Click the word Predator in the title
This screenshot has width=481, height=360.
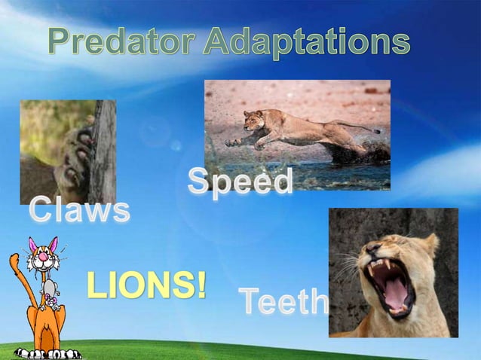(x=123, y=41)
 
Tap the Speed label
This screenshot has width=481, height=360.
(x=240, y=182)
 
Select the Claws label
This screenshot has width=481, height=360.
(x=79, y=211)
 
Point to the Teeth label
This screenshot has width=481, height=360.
(x=283, y=302)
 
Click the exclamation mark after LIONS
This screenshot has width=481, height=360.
(x=200, y=286)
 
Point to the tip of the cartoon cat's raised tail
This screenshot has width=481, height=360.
(x=13, y=258)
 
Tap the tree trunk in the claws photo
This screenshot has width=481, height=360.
(x=105, y=151)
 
